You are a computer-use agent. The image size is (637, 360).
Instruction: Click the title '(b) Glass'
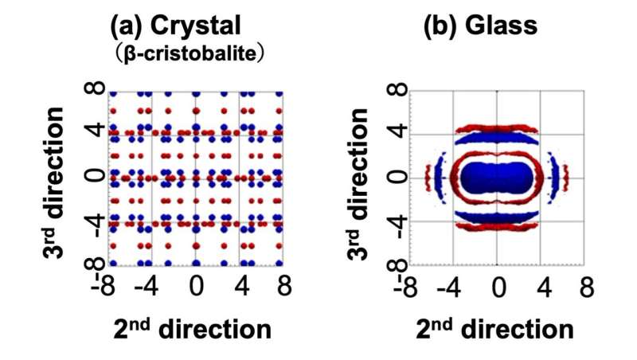pos(479,25)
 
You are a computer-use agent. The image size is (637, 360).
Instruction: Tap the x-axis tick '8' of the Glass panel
pos(585,285)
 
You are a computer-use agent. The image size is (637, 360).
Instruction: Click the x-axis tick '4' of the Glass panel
pos(541,285)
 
